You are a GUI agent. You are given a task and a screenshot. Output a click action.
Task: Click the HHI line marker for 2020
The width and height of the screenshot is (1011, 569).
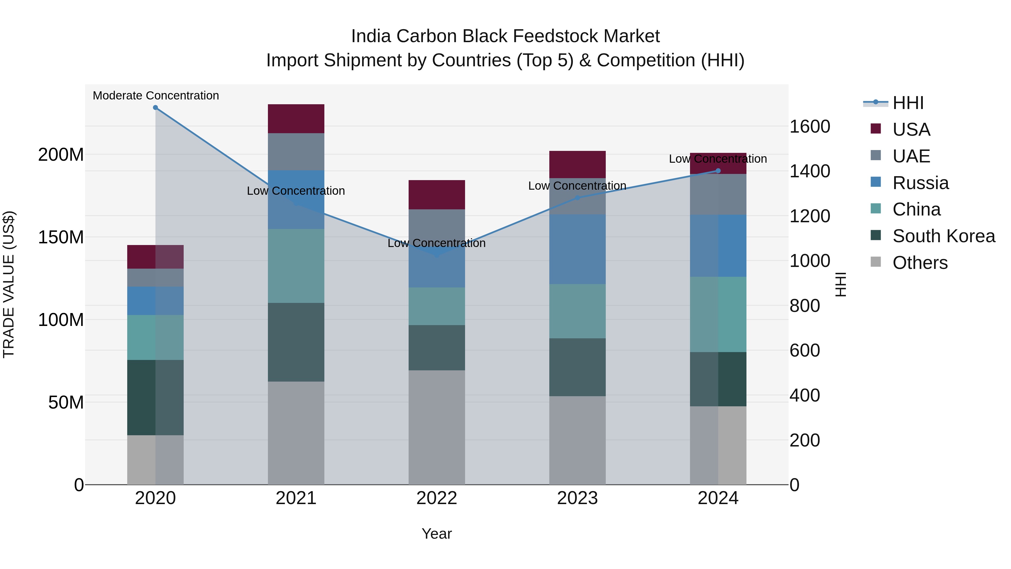[x=155, y=108]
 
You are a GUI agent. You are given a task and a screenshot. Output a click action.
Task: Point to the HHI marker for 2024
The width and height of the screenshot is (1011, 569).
[x=718, y=171]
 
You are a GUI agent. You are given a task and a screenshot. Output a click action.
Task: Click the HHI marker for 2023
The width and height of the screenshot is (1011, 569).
[x=577, y=198]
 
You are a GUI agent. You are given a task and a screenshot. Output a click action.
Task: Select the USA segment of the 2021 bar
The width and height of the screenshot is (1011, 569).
[x=296, y=119]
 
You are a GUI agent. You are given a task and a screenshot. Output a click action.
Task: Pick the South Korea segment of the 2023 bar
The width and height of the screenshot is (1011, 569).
[x=577, y=367]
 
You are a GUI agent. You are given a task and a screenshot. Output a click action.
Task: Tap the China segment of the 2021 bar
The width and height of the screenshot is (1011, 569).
[x=296, y=266]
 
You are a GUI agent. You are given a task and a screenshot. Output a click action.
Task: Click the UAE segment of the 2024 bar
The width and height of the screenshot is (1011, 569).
[x=718, y=194]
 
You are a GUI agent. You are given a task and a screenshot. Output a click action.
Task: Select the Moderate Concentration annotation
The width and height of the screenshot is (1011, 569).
[x=156, y=96]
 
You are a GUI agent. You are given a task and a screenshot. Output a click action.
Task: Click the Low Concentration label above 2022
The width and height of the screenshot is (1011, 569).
[x=436, y=243]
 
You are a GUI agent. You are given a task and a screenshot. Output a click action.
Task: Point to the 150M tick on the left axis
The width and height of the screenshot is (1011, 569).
[x=61, y=237]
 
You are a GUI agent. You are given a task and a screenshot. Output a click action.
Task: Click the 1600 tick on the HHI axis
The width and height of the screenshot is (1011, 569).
[x=810, y=126]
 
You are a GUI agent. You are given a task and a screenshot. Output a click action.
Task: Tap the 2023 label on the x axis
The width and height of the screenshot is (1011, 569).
[x=577, y=498]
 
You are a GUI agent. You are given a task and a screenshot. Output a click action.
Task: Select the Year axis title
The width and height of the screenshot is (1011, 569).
[x=436, y=534]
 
